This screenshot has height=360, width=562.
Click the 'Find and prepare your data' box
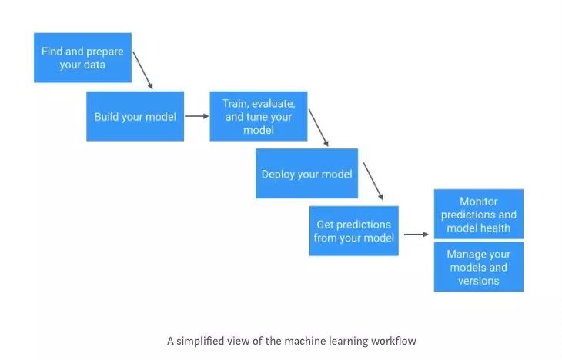click(83, 58)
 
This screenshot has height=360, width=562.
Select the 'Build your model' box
click(135, 116)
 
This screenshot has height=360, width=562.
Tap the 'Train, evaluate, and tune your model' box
click(259, 116)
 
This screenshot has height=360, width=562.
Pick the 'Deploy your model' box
click(307, 173)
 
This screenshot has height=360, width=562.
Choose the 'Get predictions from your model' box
click(354, 231)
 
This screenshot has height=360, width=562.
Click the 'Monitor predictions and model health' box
click(479, 214)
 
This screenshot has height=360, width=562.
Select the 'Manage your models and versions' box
click(479, 267)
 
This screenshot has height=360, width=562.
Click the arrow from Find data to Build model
click(142, 70)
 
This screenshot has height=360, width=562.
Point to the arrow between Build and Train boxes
click(197, 116)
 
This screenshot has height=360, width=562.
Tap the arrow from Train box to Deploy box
click(319, 128)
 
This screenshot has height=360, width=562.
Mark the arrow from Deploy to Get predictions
click(373, 181)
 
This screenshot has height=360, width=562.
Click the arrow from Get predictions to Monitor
click(416, 235)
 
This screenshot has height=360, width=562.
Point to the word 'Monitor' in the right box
click(479, 202)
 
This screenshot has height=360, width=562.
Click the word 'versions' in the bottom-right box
click(479, 281)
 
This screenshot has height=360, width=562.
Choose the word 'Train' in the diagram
click(236, 104)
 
